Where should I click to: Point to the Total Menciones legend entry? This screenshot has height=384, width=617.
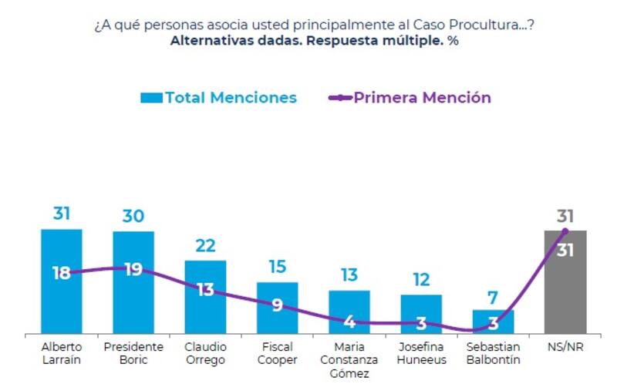pyautogui.click(x=218, y=98)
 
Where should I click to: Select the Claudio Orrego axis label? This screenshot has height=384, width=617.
pyautogui.click(x=205, y=353)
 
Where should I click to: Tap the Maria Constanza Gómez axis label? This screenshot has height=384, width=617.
pyautogui.click(x=349, y=360)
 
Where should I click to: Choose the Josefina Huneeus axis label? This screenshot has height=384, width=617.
pyautogui.click(x=421, y=353)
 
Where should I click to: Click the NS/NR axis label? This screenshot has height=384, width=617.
pyautogui.click(x=565, y=347)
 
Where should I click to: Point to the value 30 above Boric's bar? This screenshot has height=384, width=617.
pyautogui.click(x=133, y=216)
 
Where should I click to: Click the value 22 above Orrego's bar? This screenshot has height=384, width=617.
pyautogui.click(x=205, y=245)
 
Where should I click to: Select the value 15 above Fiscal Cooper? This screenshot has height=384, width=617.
pyautogui.click(x=277, y=267)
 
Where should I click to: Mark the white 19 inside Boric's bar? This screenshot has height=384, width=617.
pyautogui.click(x=133, y=270)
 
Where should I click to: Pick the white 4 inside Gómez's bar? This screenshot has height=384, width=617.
pyautogui.click(x=349, y=321)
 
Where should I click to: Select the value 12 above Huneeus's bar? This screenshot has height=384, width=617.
pyautogui.click(x=421, y=279)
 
